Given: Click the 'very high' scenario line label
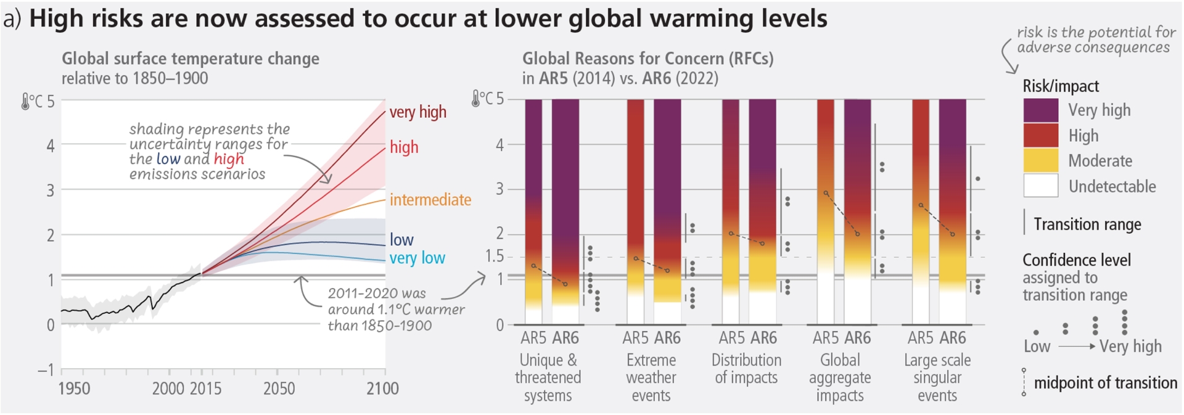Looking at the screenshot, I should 417,112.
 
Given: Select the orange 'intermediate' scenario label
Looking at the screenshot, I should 430,200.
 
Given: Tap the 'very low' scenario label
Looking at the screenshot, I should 417,258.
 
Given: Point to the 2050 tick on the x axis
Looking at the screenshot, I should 279,388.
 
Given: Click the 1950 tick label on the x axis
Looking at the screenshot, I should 74,388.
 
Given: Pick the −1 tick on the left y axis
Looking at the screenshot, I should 46,370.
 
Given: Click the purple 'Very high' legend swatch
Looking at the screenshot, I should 1040,110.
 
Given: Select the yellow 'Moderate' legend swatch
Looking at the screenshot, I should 1040,160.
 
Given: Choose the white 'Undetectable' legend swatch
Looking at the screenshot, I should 1040,186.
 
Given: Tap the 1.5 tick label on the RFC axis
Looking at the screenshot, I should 494,256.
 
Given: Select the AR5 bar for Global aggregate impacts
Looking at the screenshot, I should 825,210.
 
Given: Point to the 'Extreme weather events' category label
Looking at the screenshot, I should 651,377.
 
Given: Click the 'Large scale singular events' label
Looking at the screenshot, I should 937,377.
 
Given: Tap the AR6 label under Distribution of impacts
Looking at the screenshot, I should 764,338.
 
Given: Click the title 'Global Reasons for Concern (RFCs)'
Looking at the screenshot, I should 647,59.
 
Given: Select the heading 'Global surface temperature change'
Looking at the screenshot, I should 191,59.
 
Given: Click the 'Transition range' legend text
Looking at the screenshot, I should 1087,224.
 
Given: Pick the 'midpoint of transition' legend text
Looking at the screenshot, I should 1105,383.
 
